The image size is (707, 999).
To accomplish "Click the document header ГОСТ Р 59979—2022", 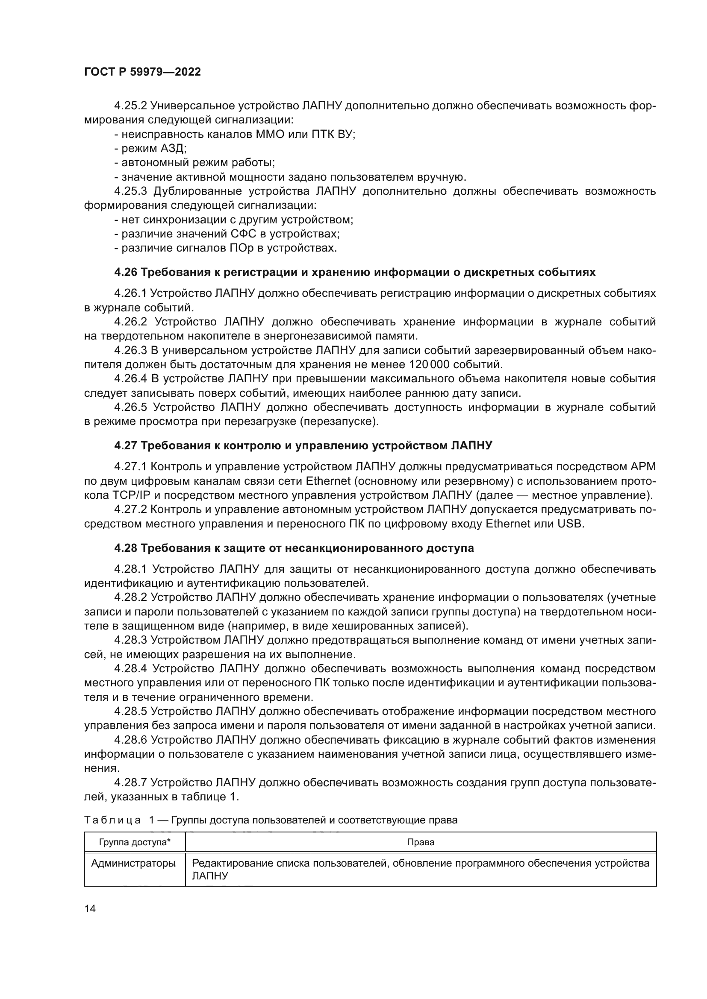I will click(142, 72).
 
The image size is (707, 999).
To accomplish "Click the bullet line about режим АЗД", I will click(150, 148).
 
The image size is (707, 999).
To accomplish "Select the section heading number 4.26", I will click(125, 272).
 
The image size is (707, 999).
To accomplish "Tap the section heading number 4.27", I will click(125, 445).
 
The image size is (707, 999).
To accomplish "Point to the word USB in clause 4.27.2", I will click(570, 524).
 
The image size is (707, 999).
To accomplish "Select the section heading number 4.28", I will click(125, 548).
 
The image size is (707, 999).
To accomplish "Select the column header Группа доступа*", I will click(135, 842).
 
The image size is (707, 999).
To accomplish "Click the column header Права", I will click(421, 842).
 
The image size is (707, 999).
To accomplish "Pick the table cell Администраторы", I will click(133, 863).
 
